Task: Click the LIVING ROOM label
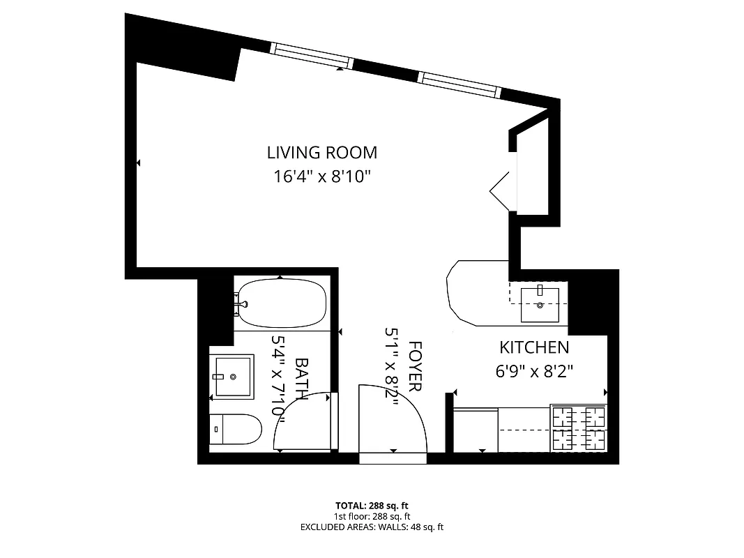pos(321,152)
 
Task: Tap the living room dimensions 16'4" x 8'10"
pos(321,176)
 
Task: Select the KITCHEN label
pos(533,347)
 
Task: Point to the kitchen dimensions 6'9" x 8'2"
pos(533,371)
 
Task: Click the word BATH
pos(302,379)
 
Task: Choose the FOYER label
pos(415,367)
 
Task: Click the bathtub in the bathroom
pos(280,303)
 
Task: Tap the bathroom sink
pos(234,377)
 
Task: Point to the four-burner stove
pos(578,428)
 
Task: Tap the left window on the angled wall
pos(312,56)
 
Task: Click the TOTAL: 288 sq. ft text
pos(372,505)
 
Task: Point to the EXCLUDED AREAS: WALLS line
pos(372,527)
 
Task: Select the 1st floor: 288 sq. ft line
pos(372,516)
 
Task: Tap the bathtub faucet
pos(241,303)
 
